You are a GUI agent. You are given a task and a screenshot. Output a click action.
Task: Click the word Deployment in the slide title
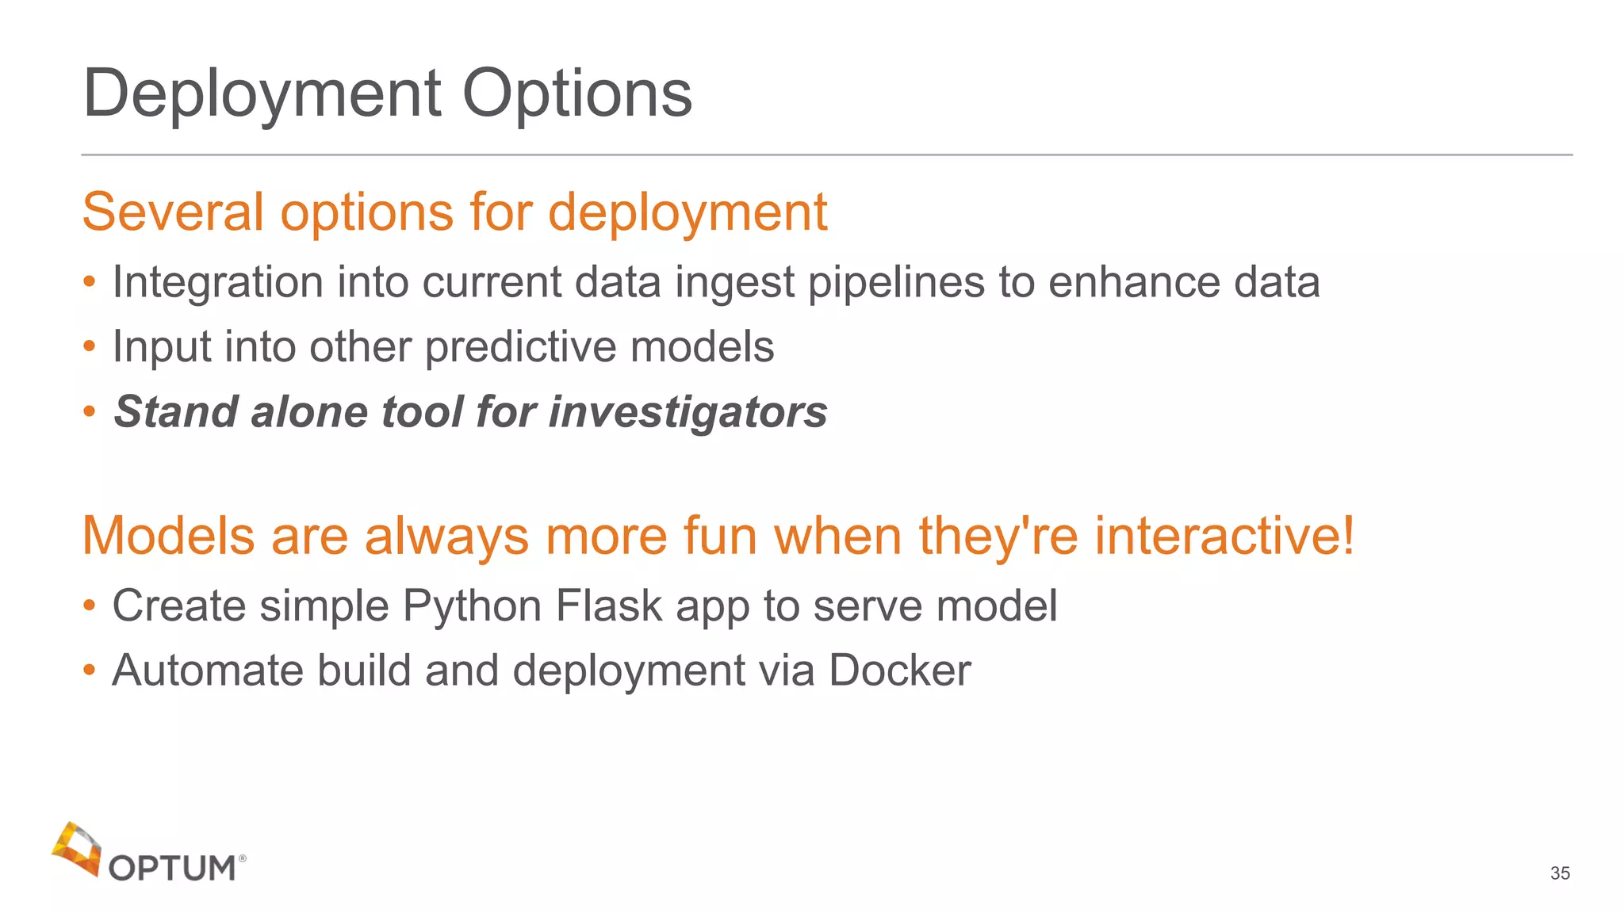(x=262, y=94)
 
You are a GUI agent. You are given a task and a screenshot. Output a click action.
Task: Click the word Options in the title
(x=576, y=94)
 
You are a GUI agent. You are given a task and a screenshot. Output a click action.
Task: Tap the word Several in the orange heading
(x=173, y=212)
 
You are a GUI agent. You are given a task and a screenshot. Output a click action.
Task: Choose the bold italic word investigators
(x=688, y=412)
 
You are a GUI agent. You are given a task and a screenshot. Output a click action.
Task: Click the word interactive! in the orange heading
(x=1224, y=536)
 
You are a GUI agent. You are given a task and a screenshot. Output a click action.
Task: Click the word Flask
(x=608, y=606)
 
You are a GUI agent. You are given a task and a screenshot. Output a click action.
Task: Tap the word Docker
(x=899, y=670)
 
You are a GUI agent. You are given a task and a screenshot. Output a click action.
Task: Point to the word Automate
(x=208, y=670)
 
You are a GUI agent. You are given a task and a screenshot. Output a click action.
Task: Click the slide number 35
(x=1560, y=873)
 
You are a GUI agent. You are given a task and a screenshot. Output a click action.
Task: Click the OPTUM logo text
(x=172, y=869)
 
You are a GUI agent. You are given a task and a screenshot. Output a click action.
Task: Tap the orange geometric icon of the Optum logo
(x=77, y=848)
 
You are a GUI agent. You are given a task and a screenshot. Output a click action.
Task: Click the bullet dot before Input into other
(x=90, y=346)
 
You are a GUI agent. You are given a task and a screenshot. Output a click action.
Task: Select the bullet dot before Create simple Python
(x=90, y=606)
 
